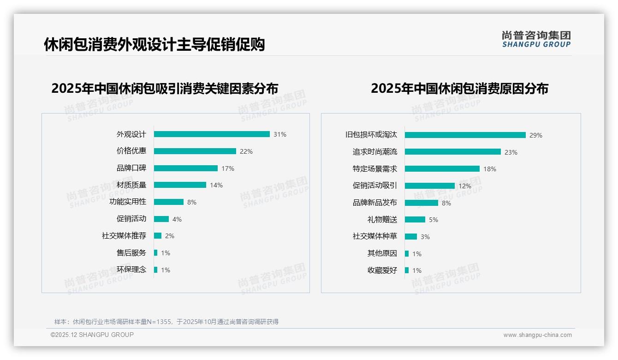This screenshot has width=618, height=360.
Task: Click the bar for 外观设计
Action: pyautogui.click(x=212, y=134)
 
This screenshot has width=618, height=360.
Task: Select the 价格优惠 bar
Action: pyautogui.click(x=195, y=151)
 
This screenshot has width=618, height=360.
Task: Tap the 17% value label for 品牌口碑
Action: pyautogui.click(x=228, y=168)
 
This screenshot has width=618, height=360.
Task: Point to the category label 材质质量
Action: pyautogui.click(x=131, y=185)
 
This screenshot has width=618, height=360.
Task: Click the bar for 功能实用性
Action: pyautogui.click(x=169, y=202)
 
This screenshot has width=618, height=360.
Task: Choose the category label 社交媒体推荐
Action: pyautogui.click(x=124, y=236)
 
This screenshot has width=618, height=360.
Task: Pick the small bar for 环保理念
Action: pyautogui.click(x=156, y=270)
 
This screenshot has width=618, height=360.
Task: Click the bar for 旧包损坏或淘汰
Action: pyautogui.click(x=465, y=135)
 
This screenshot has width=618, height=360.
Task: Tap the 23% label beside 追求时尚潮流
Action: pyautogui.click(x=511, y=152)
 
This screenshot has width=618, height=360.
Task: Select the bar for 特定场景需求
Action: pyautogui.click(x=442, y=169)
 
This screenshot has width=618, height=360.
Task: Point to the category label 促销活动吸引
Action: pyautogui.click(x=375, y=186)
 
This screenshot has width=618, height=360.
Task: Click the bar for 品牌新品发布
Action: pyautogui.click(x=422, y=203)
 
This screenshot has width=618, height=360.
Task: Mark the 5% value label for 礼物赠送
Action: pyautogui.click(x=434, y=220)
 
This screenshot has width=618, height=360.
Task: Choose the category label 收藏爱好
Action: pyautogui.click(x=382, y=270)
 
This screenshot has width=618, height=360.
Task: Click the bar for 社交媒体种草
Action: pyautogui.click(x=411, y=237)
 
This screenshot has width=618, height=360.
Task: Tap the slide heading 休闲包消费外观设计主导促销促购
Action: pyautogui.click(x=154, y=45)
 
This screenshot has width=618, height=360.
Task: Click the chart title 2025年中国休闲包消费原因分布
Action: pyautogui.click(x=459, y=89)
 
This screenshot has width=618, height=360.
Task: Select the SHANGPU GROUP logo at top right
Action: pyautogui.click(x=536, y=39)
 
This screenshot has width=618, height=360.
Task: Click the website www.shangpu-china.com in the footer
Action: pyautogui.click(x=537, y=335)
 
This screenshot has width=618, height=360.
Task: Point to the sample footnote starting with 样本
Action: pyautogui.click(x=166, y=322)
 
